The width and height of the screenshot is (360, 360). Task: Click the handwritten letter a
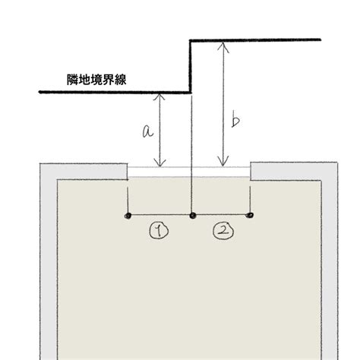click(x=147, y=131)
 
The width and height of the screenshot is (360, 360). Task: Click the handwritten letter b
click(x=235, y=122)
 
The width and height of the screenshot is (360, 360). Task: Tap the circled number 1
click(x=159, y=231)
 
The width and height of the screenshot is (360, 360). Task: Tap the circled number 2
click(x=223, y=231)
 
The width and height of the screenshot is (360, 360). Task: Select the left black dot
click(x=128, y=216)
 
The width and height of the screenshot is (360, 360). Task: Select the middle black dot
click(x=193, y=216)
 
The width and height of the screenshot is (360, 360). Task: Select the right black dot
click(x=250, y=215)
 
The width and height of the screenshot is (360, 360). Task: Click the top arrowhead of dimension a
click(x=159, y=96)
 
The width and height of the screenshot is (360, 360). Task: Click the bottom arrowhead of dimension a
click(x=159, y=163)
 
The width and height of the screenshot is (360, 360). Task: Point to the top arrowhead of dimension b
click(x=223, y=46)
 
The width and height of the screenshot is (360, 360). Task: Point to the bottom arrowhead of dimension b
click(x=223, y=162)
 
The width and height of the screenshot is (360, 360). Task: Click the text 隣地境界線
click(x=96, y=80)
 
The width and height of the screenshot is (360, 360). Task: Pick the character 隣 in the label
click(x=73, y=80)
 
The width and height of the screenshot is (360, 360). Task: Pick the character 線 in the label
click(x=121, y=80)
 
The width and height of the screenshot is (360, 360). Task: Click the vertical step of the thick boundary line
click(x=191, y=66)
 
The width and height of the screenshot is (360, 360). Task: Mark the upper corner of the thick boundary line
click(x=191, y=40)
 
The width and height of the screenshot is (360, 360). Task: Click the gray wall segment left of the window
click(x=84, y=172)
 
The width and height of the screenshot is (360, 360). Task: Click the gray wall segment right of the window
click(x=294, y=171)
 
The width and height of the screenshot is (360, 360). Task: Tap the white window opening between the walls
click(x=189, y=172)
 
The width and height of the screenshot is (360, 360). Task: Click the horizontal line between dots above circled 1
click(x=160, y=215)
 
